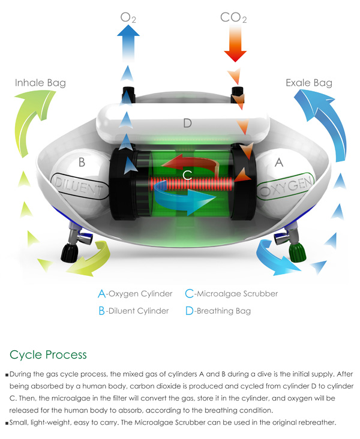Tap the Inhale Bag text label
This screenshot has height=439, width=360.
point(40,83)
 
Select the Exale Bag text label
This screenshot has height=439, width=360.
point(308,83)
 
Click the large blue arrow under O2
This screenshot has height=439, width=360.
point(128,42)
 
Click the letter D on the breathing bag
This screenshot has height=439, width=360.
point(187,124)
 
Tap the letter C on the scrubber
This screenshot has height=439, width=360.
point(187,175)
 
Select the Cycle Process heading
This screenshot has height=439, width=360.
point(49,354)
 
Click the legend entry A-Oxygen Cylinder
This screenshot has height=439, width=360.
point(135,294)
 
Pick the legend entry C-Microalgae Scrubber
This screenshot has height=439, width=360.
point(231,294)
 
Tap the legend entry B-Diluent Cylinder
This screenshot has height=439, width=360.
point(133,311)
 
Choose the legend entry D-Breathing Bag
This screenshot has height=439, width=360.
point(218,311)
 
